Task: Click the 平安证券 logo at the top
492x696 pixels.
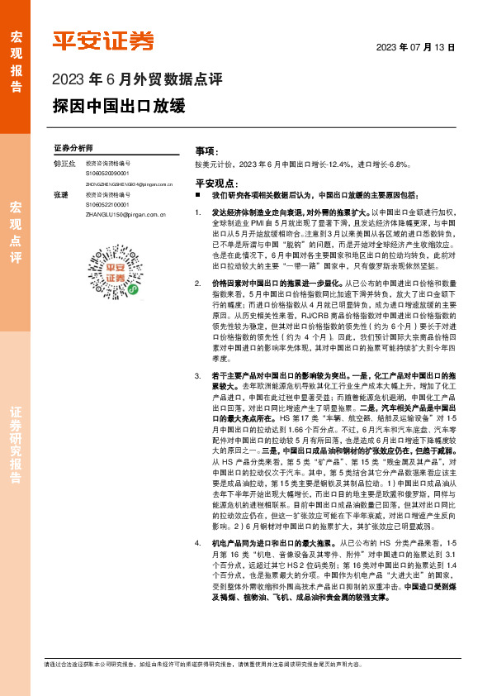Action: click(x=103, y=41)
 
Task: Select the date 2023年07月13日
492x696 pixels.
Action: click(x=416, y=47)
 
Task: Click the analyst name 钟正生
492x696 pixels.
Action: click(x=63, y=164)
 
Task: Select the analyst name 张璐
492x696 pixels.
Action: click(x=60, y=194)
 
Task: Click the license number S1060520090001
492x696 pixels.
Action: click(x=113, y=174)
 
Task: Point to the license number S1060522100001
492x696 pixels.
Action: click(x=113, y=204)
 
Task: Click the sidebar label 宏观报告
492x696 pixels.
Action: click(x=16, y=55)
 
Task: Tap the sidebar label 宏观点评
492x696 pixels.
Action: click(x=16, y=231)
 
